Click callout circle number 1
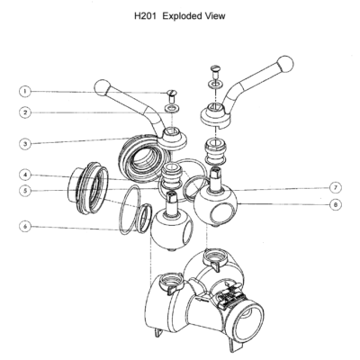click(25, 91)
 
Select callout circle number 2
click(25, 112)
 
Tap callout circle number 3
click(25, 144)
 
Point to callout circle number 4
click(25, 175)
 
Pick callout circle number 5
click(25, 191)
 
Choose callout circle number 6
click(25, 226)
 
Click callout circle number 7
click(336, 188)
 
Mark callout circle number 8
click(336, 205)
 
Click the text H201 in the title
click(146, 16)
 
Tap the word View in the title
click(215, 16)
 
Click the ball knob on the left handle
click(103, 88)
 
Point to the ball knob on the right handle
click(285, 64)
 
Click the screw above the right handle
click(216, 71)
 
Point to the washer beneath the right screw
click(216, 84)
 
